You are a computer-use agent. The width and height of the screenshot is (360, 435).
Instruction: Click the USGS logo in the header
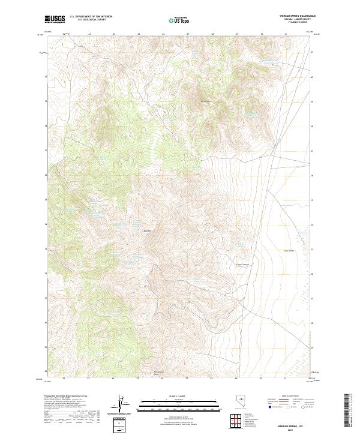[x=55, y=19]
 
